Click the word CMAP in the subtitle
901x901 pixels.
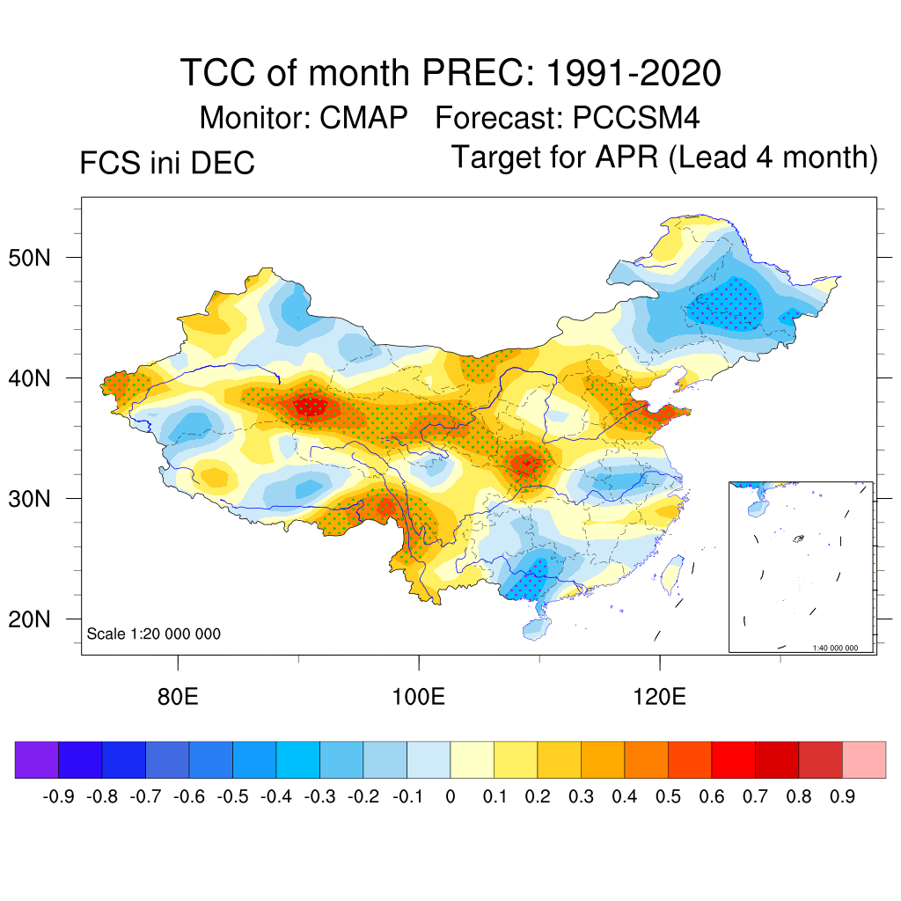click(363, 117)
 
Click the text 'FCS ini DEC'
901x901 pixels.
click(167, 164)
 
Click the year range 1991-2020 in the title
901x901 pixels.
click(634, 73)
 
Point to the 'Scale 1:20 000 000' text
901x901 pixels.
click(154, 634)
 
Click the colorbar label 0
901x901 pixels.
click(450, 797)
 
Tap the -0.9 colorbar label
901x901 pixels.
click(58, 797)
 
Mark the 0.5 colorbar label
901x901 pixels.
click(668, 797)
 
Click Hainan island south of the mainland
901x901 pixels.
click(533, 628)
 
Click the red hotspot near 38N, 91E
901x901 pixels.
click(311, 407)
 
